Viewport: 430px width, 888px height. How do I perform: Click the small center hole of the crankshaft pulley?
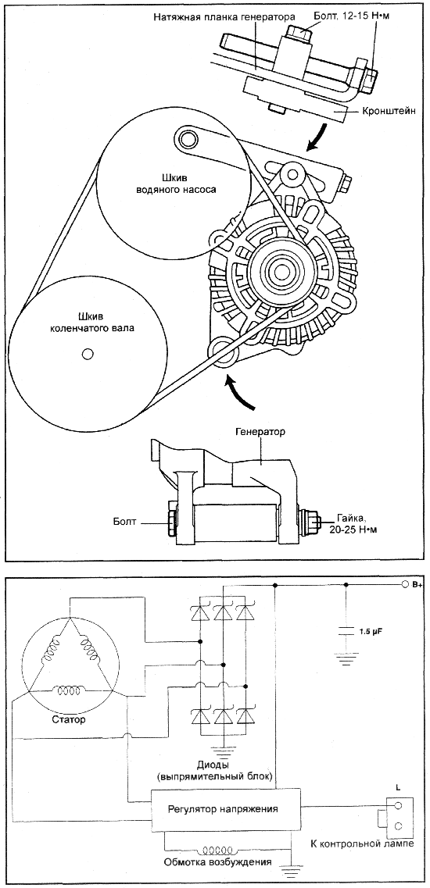tap(87, 354)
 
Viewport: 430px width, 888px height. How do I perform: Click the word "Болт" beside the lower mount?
tap(125, 520)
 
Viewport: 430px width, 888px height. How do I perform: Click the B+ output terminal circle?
tap(404, 584)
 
